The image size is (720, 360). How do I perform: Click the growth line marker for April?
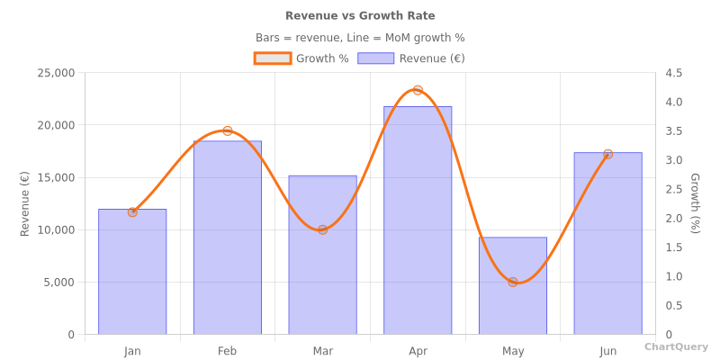coord(418,90)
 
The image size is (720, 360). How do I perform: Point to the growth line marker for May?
coord(513,282)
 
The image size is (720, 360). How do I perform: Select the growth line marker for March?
coord(322,229)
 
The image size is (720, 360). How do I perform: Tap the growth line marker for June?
coord(607,154)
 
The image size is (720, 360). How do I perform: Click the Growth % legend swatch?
coord(273,58)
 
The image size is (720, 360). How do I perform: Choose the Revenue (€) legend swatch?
coord(375,58)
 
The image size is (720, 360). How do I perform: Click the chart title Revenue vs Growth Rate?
coord(360,15)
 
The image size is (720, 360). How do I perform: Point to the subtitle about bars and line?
coord(360,38)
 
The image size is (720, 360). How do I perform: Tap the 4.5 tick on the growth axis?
coord(673,73)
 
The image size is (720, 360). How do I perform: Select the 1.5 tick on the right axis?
coord(673,247)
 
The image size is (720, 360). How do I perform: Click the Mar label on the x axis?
coord(322,351)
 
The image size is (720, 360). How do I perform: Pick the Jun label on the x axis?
coord(607,351)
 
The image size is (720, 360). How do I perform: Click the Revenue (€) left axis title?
coord(25,203)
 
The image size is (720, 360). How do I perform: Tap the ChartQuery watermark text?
coord(676,346)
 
